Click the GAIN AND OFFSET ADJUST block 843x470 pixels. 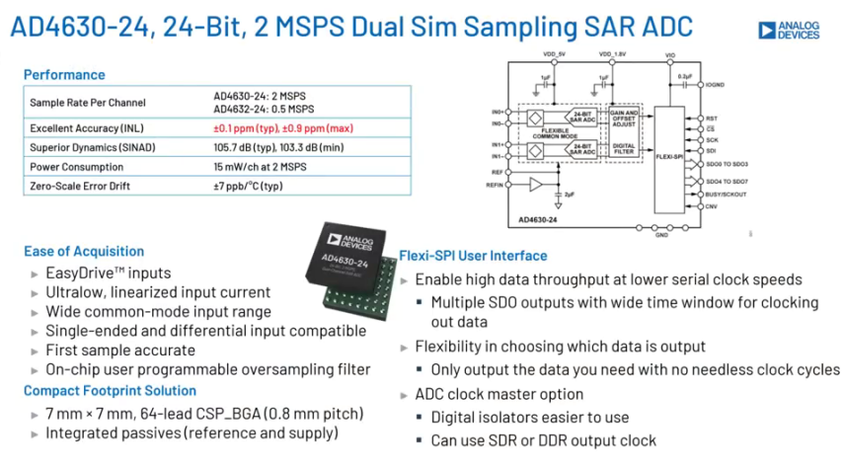pos(625,118)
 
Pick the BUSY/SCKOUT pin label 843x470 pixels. pos(727,196)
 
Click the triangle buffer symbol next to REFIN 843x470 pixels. pos(535,184)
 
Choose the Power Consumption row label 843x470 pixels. pos(77,167)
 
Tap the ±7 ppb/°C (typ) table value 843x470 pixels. pos(248,186)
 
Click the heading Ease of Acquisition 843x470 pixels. pos(84,251)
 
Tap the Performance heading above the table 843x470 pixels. pos(64,74)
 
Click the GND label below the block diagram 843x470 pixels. pos(662,235)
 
